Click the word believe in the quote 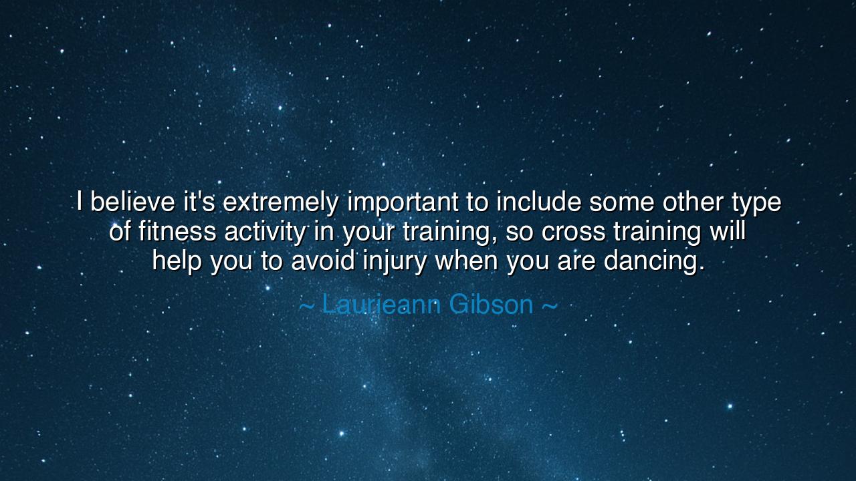click(132, 202)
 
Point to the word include click(539, 202)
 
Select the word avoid click(323, 261)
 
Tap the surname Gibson click(492, 304)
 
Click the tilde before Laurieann click(306, 306)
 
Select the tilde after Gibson click(550, 306)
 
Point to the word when click(467, 261)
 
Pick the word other click(693, 202)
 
